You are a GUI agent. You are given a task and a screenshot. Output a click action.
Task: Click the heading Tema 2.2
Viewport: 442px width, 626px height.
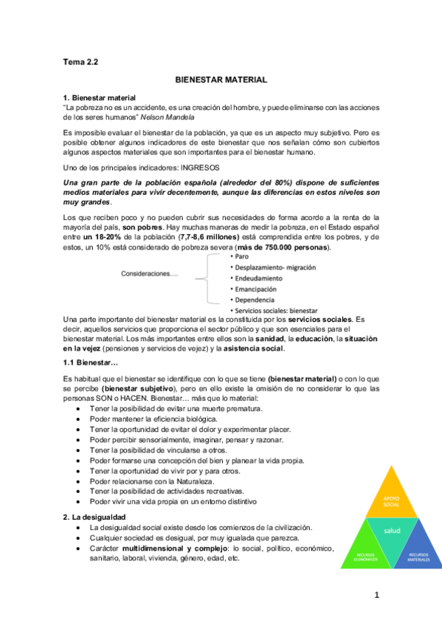click(81, 62)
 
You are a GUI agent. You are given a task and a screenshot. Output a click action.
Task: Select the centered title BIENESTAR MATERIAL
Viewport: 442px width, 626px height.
click(221, 79)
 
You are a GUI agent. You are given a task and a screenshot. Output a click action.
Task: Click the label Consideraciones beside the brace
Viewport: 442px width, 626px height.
click(150, 275)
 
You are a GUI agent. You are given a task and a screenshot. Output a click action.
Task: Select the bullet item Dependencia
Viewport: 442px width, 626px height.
click(255, 300)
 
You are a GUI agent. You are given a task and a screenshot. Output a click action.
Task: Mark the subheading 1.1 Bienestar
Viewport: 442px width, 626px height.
click(91, 362)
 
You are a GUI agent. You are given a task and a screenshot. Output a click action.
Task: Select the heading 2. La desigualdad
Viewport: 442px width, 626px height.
click(94, 517)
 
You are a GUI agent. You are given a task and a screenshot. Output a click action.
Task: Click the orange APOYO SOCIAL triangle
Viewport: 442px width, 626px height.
click(391, 502)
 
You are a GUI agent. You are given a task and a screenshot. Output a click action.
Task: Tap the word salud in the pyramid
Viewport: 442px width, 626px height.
click(391, 531)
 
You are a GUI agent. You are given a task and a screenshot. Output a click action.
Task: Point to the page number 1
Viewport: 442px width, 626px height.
click(376, 595)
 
